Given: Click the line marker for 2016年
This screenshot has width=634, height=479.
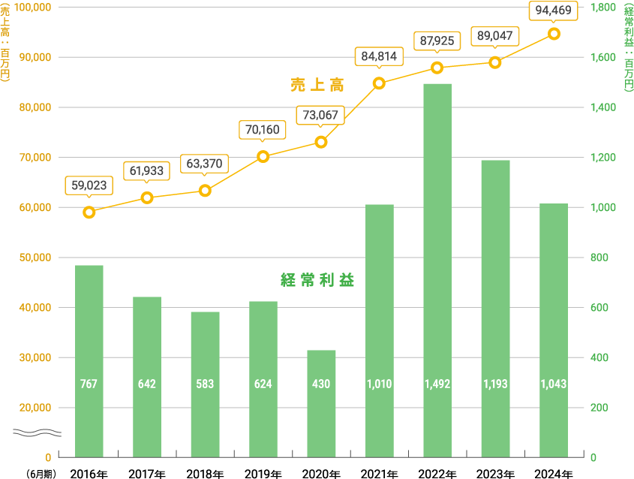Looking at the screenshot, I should (89, 212).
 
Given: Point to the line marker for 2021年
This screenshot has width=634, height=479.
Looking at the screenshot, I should (379, 83).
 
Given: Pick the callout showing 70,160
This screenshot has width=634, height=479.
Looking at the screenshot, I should (263, 130).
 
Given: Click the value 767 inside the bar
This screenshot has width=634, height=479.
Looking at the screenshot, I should (89, 384).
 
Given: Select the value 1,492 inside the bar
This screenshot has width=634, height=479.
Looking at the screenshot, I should (437, 384).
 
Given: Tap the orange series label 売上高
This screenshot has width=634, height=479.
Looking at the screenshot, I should (317, 86).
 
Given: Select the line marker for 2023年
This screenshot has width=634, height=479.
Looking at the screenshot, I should (495, 62).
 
